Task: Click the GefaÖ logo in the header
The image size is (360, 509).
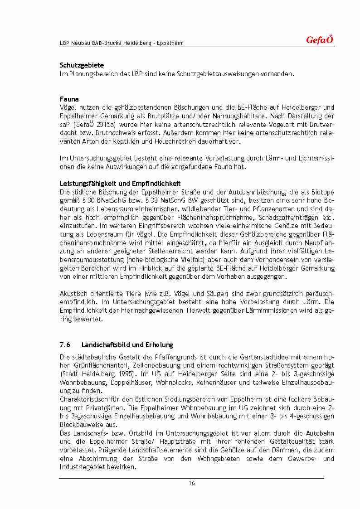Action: tap(320, 40)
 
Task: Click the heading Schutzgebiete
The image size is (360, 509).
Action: tap(82, 65)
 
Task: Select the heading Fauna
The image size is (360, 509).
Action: tap(69, 99)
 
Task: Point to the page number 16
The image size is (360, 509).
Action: tap(192, 483)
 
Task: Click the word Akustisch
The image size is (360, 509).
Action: tap(74, 294)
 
